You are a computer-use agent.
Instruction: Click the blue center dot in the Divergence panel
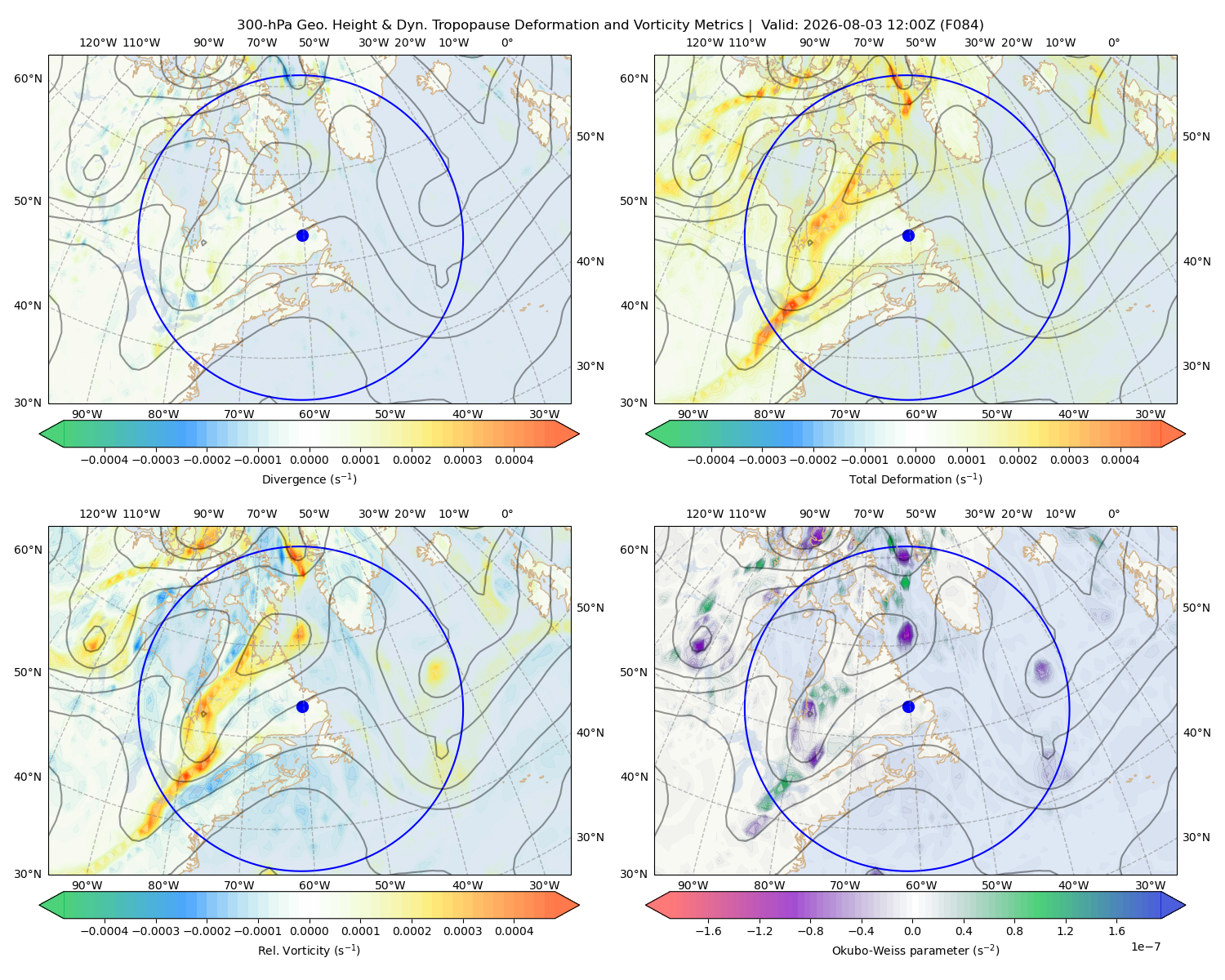[302, 235]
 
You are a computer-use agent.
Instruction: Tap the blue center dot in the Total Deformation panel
[908, 235]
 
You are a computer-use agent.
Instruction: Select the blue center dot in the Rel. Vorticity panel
[302, 706]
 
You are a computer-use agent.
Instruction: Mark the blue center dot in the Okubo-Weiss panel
[908, 706]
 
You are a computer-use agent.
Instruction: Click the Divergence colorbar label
[309, 479]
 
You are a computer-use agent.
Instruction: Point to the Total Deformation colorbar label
[915, 479]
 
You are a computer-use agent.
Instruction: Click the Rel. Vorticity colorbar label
[309, 950]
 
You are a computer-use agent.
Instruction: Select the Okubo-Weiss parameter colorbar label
[915, 950]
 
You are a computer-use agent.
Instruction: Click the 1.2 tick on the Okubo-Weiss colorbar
[1065, 930]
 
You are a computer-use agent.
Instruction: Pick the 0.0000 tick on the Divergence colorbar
[309, 460]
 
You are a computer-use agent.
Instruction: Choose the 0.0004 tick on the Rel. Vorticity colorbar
[514, 930]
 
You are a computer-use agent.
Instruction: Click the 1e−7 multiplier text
[1145, 947]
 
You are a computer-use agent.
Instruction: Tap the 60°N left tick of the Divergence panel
[28, 78]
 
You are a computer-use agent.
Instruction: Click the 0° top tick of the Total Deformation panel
[1113, 42]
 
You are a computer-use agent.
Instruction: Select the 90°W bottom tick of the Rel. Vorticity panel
[87, 885]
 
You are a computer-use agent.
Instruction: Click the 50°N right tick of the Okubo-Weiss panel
[1196, 608]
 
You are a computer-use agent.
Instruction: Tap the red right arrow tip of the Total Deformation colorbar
[1185, 434]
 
